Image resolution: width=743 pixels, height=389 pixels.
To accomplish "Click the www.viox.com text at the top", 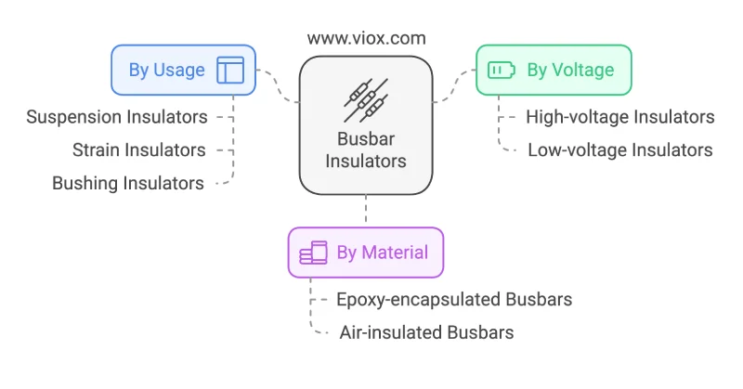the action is (366, 38).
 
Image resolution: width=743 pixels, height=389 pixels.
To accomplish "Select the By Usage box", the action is (183, 71).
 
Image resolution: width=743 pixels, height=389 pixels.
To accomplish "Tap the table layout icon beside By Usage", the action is (230, 71).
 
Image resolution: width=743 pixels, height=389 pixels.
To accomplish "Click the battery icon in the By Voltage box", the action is (502, 71).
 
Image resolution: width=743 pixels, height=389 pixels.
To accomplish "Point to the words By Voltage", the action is (570, 71).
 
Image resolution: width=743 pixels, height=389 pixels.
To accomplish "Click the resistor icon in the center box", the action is (366, 100).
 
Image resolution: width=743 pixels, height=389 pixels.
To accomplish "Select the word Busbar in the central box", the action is (366, 139).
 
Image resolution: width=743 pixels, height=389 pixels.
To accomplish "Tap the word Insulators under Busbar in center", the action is (366, 162).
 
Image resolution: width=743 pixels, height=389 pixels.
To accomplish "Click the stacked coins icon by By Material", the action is (313, 253).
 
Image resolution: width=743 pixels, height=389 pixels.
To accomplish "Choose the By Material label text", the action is (383, 253).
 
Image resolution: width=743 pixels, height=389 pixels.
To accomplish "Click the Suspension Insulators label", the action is (117, 117).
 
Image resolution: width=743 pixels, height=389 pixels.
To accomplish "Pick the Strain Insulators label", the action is (138, 150).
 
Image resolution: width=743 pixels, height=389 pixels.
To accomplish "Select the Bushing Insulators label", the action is (128, 184).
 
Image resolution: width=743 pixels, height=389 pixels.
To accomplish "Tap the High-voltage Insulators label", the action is (620, 117).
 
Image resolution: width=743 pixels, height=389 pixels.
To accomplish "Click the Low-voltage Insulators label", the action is (620, 150).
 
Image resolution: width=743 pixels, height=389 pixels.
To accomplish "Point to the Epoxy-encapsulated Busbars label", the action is (454, 300).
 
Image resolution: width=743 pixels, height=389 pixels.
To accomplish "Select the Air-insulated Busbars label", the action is (426, 332).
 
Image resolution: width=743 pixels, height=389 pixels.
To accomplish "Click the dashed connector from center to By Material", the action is (366, 209).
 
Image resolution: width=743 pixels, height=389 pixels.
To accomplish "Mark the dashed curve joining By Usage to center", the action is (278, 85).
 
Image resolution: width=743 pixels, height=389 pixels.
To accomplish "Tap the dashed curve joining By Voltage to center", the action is (454, 85).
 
